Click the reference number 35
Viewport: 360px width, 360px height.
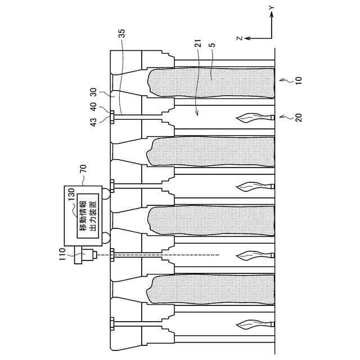(x=123, y=34)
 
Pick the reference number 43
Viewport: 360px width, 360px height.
(x=94, y=119)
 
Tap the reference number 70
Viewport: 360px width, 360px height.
(x=83, y=167)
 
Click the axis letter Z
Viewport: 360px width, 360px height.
(x=238, y=38)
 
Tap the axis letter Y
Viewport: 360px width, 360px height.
(x=271, y=7)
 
